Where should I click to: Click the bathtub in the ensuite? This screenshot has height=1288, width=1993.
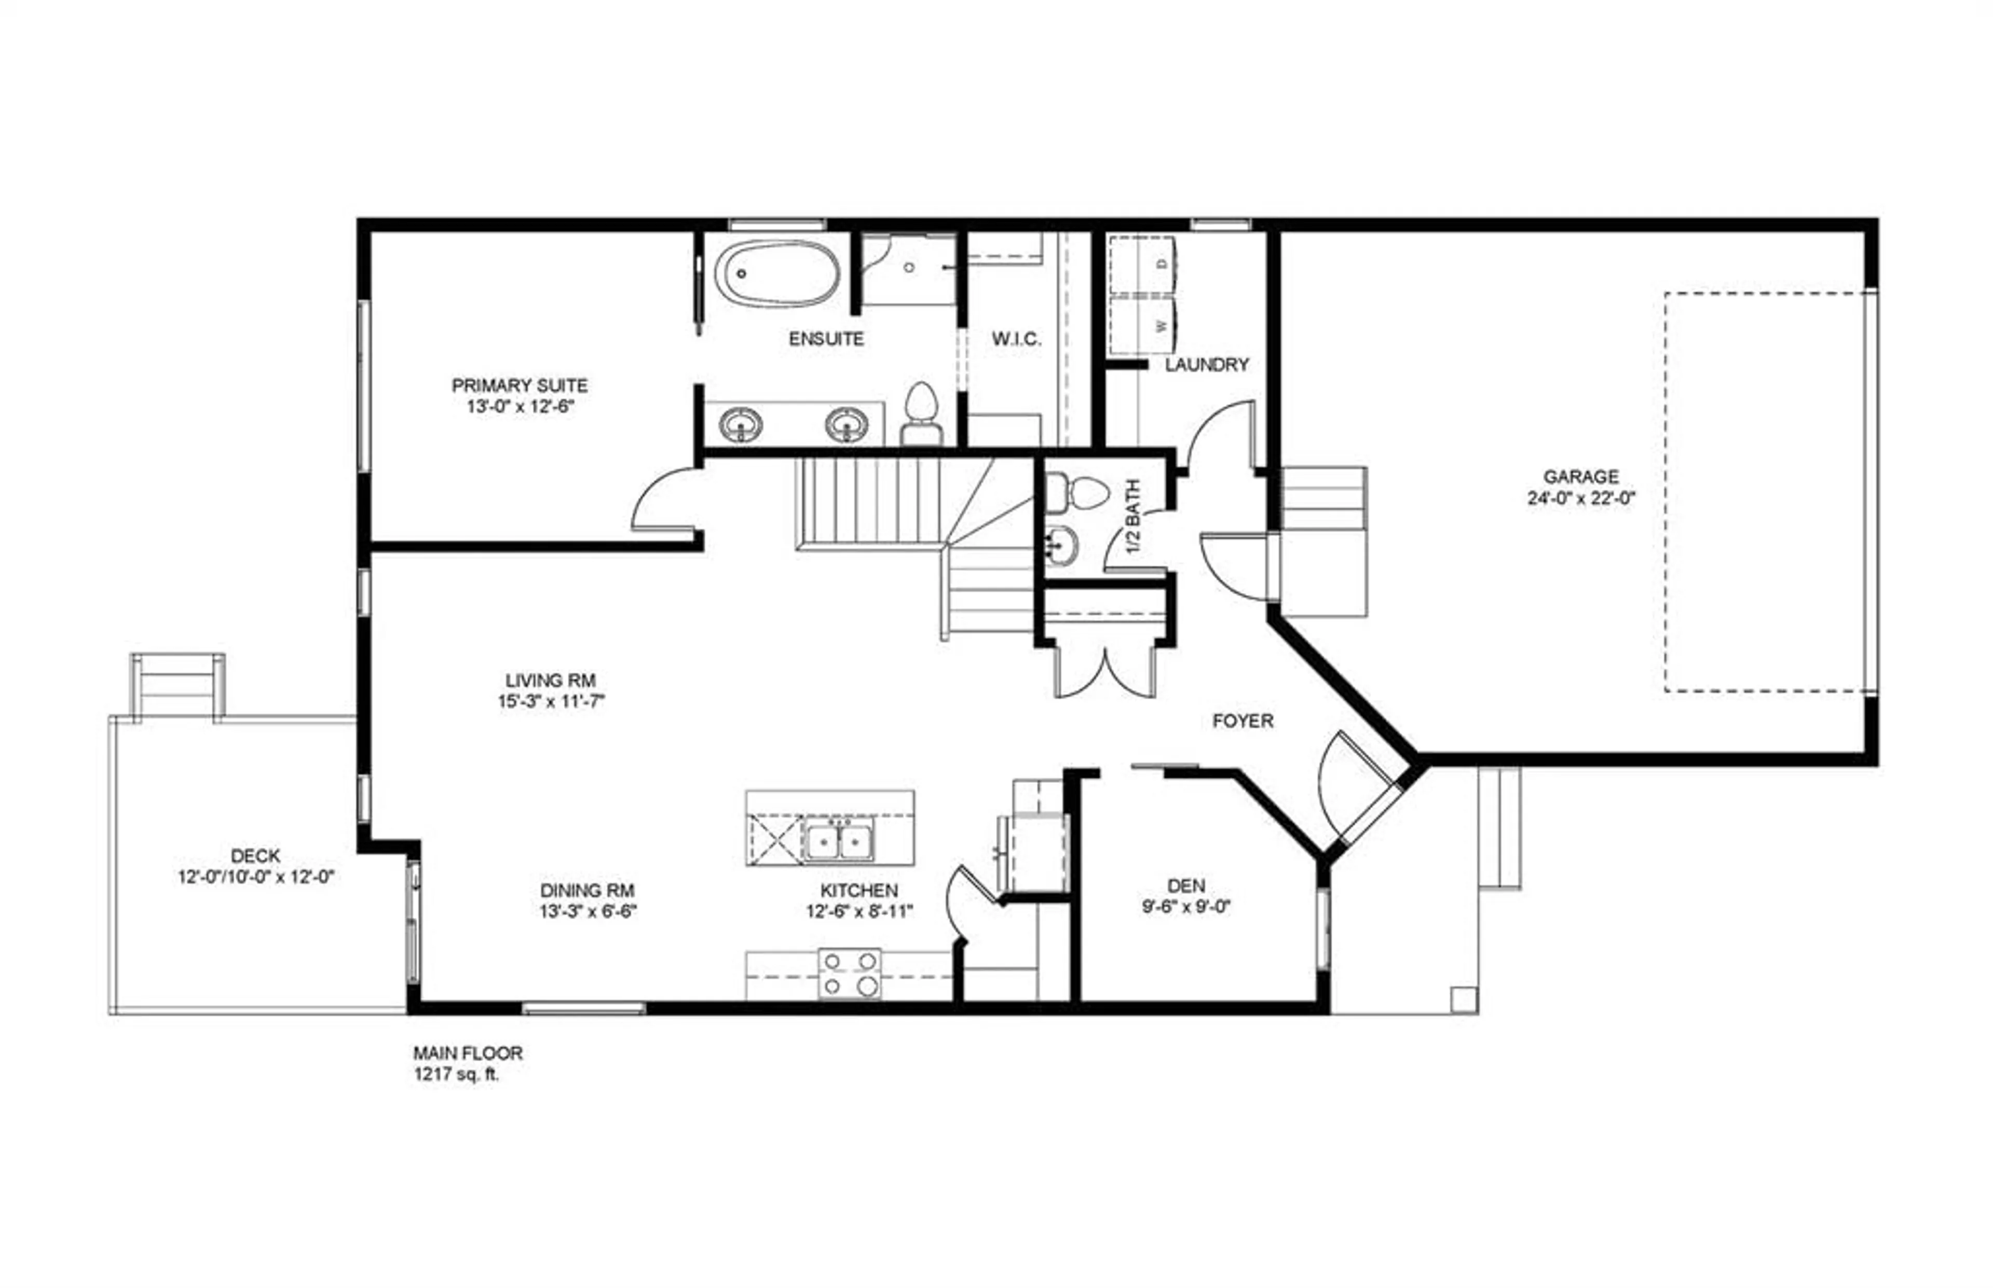[x=777, y=273]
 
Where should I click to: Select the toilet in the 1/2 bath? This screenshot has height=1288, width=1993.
[x=1077, y=493]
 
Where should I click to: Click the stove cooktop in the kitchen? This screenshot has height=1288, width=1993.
[x=849, y=974]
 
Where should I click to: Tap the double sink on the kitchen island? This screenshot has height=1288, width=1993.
[x=838, y=840]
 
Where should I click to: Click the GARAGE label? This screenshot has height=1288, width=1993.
[x=1580, y=477]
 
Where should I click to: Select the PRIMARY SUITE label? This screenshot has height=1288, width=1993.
[x=520, y=385]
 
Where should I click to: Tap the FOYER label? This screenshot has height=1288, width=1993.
[x=1243, y=721]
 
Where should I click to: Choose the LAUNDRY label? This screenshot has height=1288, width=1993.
[x=1207, y=365]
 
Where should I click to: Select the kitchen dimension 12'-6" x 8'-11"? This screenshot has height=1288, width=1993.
[x=859, y=911]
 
